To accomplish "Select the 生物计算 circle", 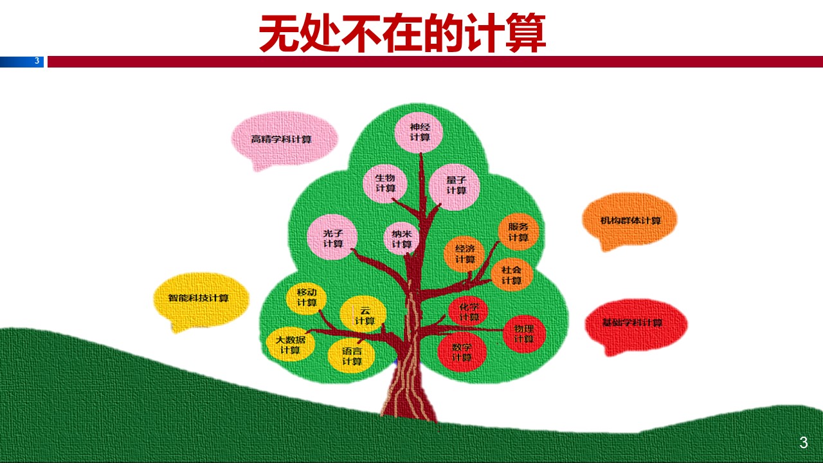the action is point(385,183).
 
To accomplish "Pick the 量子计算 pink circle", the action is point(456,186).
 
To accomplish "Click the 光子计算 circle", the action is point(332,238).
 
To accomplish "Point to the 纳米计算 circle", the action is point(402,239).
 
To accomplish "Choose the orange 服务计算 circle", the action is point(518,232).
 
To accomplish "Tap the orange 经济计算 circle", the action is point(465,254).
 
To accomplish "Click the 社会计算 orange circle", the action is point(512,275).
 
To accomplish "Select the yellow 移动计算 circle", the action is point(307,298).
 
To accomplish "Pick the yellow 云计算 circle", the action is point(364,315).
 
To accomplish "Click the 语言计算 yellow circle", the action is point(351,356).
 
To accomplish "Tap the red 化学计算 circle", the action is point(469,312).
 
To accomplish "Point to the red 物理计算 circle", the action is point(523,334).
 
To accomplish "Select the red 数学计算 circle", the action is point(462,352).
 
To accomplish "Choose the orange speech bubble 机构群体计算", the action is point(629,220).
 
